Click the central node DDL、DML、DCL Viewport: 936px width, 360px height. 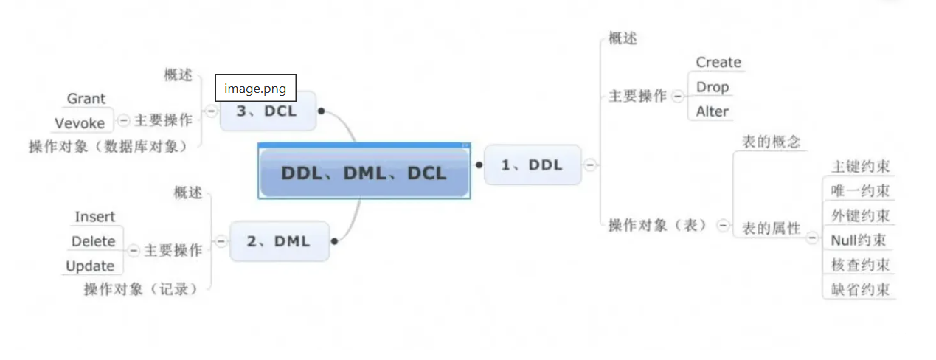click(364, 172)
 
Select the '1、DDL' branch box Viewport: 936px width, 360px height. click(532, 165)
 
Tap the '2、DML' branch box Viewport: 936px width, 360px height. click(279, 240)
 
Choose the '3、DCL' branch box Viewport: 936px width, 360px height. click(267, 111)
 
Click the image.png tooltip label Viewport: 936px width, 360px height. click(255, 89)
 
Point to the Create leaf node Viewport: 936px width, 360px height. click(718, 63)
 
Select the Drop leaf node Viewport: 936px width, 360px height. click(713, 87)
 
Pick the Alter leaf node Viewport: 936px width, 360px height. click(713, 112)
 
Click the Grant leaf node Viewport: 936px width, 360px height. click(86, 99)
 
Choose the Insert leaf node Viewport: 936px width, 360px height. click(95, 217)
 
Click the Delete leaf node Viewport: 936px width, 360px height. click(94, 241)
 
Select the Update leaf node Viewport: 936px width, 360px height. click(90, 266)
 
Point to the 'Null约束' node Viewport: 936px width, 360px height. click(858, 240)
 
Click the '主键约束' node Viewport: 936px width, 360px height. click(860, 167)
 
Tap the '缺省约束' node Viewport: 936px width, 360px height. click(860, 289)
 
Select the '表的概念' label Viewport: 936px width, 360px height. click(771, 142)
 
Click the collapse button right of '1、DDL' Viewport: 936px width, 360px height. click(590, 165)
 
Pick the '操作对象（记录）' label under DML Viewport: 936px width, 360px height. click(141, 289)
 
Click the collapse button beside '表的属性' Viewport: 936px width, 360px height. click(812, 238)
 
